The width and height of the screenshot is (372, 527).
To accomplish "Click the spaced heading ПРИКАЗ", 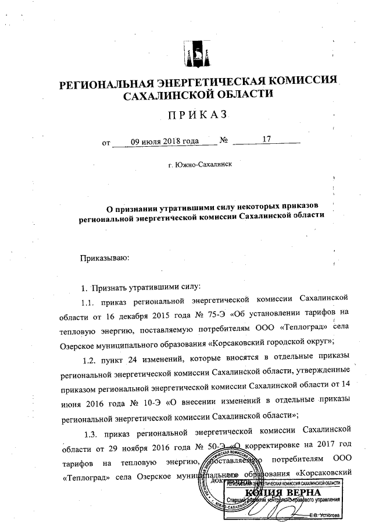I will coord(196,115).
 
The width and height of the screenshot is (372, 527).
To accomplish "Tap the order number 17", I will coord(267,140).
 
